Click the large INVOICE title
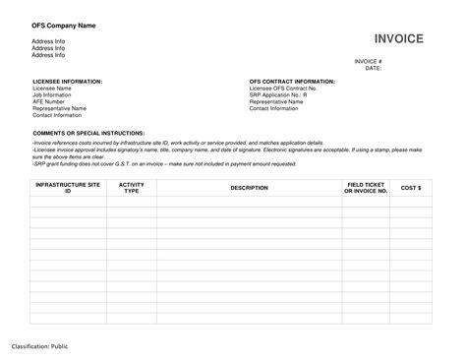point(398,38)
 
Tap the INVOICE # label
point(368,61)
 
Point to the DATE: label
point(374,68)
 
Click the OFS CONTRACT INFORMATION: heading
point(292,81)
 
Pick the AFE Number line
point(48,101)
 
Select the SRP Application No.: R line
point(278,94)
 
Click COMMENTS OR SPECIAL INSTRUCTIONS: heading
point(88,131)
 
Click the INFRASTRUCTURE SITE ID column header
point(68,187)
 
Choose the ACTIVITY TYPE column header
point(131,187)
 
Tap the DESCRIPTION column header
point(249,187)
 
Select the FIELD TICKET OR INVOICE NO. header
point(366,187)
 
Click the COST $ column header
point(411,187)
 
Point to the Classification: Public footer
point(40,346)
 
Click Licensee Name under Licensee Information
point(51,88)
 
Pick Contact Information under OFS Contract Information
point(274,108)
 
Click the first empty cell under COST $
point(411,200)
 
